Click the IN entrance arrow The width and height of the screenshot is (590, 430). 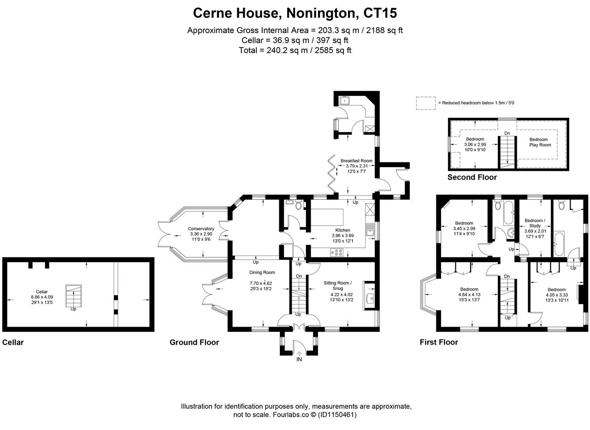[299, 353]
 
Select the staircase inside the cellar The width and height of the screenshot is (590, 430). [73, 296]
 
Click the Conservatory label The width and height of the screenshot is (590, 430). [201, 228]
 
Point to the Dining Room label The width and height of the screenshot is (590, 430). [262, 272]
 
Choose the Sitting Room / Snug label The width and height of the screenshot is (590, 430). [338, 286]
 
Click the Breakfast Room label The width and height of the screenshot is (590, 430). [356, 161]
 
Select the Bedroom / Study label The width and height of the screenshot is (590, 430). [535, 223]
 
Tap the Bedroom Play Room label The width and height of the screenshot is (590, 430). [540, 142]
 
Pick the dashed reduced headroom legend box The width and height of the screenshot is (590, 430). [425, 103]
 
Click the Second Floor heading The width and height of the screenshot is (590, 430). [472, 177]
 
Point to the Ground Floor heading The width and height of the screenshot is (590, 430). [194, 342]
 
